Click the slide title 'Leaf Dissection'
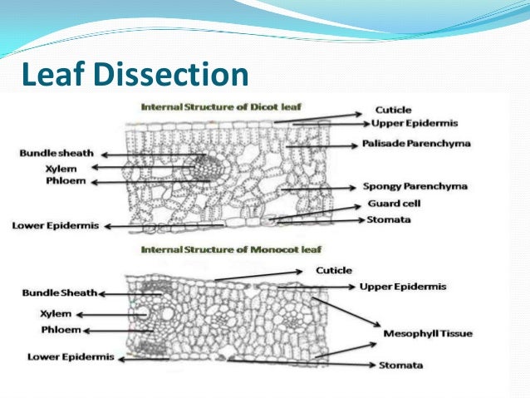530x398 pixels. pyautogui.click(x=136, y=74)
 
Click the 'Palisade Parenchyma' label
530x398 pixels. pyautogui.click(x=416, y=144)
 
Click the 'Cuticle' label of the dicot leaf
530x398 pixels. pyautogui.click(x=393, y=110)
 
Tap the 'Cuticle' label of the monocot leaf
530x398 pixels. pyautogui.click(x=333, y=270)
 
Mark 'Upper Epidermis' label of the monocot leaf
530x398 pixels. pyautogui.click(x=402, y=287)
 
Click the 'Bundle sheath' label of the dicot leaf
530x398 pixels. pyautogui.click(x=56, y=154)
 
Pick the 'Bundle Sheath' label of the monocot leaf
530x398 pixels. pyautogui.click(x=59, y=293)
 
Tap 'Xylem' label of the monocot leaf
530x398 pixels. pyautogui.click(x=55, y=314)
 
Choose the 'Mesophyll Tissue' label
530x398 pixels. pyautogui.click(x=427, y=334)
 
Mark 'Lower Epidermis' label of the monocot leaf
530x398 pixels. pyautogui.click(x=70, y=358)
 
